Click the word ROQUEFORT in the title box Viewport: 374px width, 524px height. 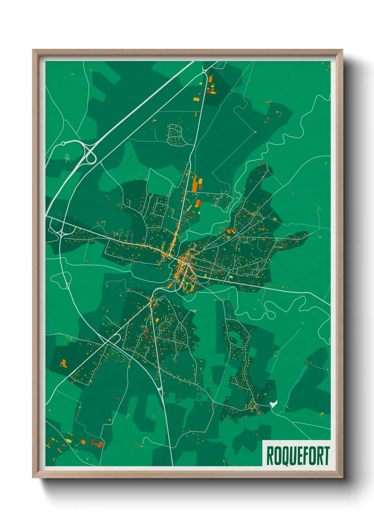tap(297, 456)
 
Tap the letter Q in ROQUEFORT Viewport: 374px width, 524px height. tap(282, 456)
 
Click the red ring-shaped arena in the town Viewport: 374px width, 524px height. tap(222, 272)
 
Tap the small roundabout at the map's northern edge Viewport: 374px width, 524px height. tap(205, 71)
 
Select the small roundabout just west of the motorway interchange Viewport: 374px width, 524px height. tap(63, 143)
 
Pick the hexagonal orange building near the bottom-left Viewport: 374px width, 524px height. tap(83, 442)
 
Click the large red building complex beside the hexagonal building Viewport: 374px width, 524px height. tap(98, 443)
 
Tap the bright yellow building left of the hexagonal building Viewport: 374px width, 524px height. tap(68, 440)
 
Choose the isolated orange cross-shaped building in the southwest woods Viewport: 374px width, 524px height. tap(64, 363)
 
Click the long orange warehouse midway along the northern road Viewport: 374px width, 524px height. tap(195, 182)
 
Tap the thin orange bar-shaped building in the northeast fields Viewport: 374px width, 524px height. tap(268, 102)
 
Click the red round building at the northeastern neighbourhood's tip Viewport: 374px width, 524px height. tap(262, 164)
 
